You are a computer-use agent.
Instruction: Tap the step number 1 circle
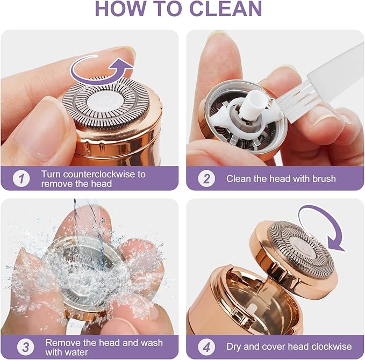(x=21, y=178)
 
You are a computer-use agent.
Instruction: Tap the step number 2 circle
(x=206, y=178)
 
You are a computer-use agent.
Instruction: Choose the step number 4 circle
(x=206, y=347)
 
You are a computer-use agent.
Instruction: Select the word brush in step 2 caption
(x=320, y=178)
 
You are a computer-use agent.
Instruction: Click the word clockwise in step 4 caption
(x=332, y=347)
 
